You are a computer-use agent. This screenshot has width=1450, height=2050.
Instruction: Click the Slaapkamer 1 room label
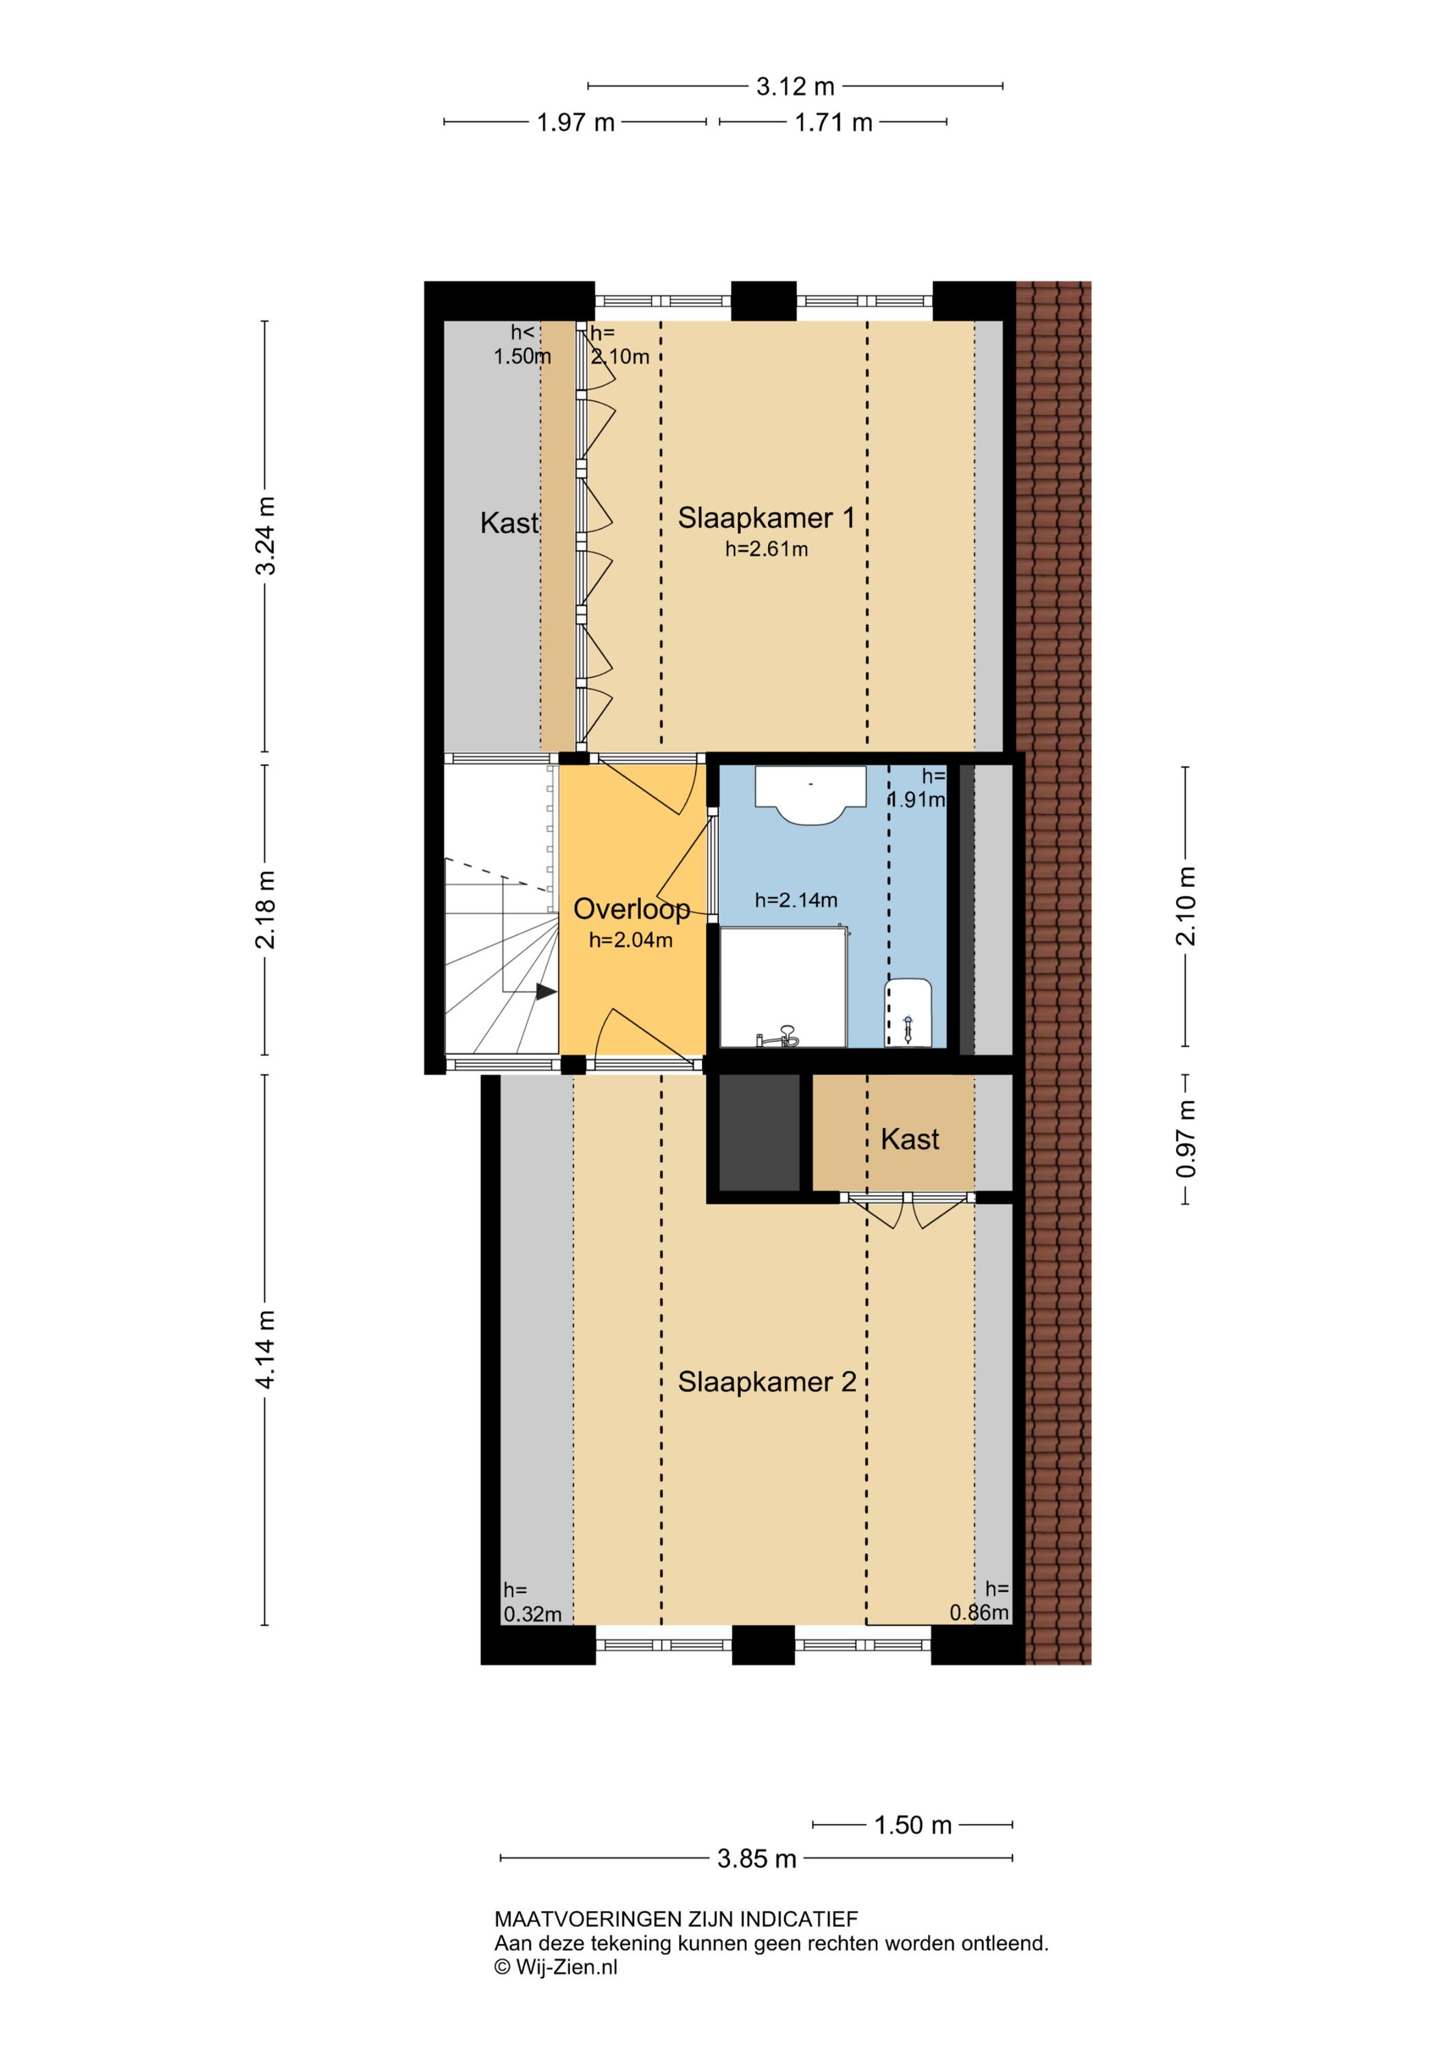point(766,518)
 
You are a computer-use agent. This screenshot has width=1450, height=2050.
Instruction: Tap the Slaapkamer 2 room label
point(767,1382)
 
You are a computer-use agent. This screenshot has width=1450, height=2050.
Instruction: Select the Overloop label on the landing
point(631,909)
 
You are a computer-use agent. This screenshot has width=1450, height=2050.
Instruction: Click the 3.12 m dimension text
point(795,87)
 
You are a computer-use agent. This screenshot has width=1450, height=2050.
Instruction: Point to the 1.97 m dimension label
point(576,122)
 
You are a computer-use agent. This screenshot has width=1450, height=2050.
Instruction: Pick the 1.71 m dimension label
point(833,122)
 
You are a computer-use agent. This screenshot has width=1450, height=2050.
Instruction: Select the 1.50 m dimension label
point(912,1825)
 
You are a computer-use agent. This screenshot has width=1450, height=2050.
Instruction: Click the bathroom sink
point(810,794)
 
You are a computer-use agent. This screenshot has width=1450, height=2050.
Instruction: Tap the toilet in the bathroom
point(908,1013)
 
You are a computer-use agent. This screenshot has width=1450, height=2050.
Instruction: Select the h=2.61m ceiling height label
point(766,550)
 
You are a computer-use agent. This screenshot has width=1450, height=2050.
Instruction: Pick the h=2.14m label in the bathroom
point(795,901)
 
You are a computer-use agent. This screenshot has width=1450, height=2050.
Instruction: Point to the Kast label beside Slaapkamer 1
point(509,523)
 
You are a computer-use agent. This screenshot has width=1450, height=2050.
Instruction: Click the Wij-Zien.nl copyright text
point(556,1967)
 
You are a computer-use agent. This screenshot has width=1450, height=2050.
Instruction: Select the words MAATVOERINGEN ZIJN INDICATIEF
point(676,1919)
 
